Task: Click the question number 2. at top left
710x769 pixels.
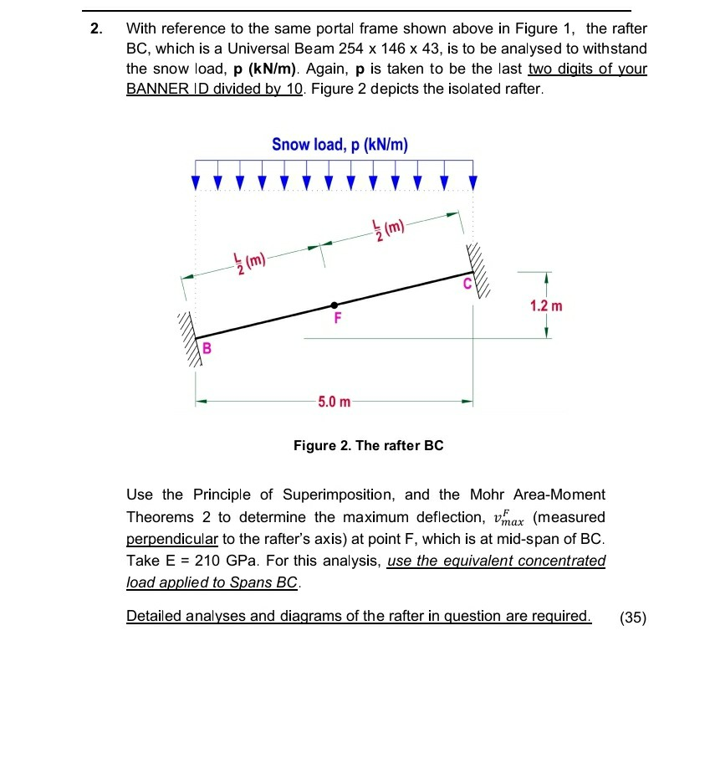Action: pos(97,29)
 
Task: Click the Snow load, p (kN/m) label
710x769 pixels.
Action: pos(340,145)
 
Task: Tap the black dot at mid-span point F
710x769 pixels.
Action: pos(334,305)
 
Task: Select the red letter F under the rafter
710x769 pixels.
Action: pos(337,319)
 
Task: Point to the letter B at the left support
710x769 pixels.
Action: pos(206,346)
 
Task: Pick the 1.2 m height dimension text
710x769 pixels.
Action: pos(546,305)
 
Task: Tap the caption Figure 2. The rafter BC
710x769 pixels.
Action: pos(368,445)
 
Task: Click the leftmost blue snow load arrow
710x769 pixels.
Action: pos(197,181)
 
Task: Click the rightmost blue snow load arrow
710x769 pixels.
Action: pos(472,181)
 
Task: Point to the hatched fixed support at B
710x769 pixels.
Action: pos(188,338)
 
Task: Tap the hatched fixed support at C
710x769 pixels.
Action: pos(483,265)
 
